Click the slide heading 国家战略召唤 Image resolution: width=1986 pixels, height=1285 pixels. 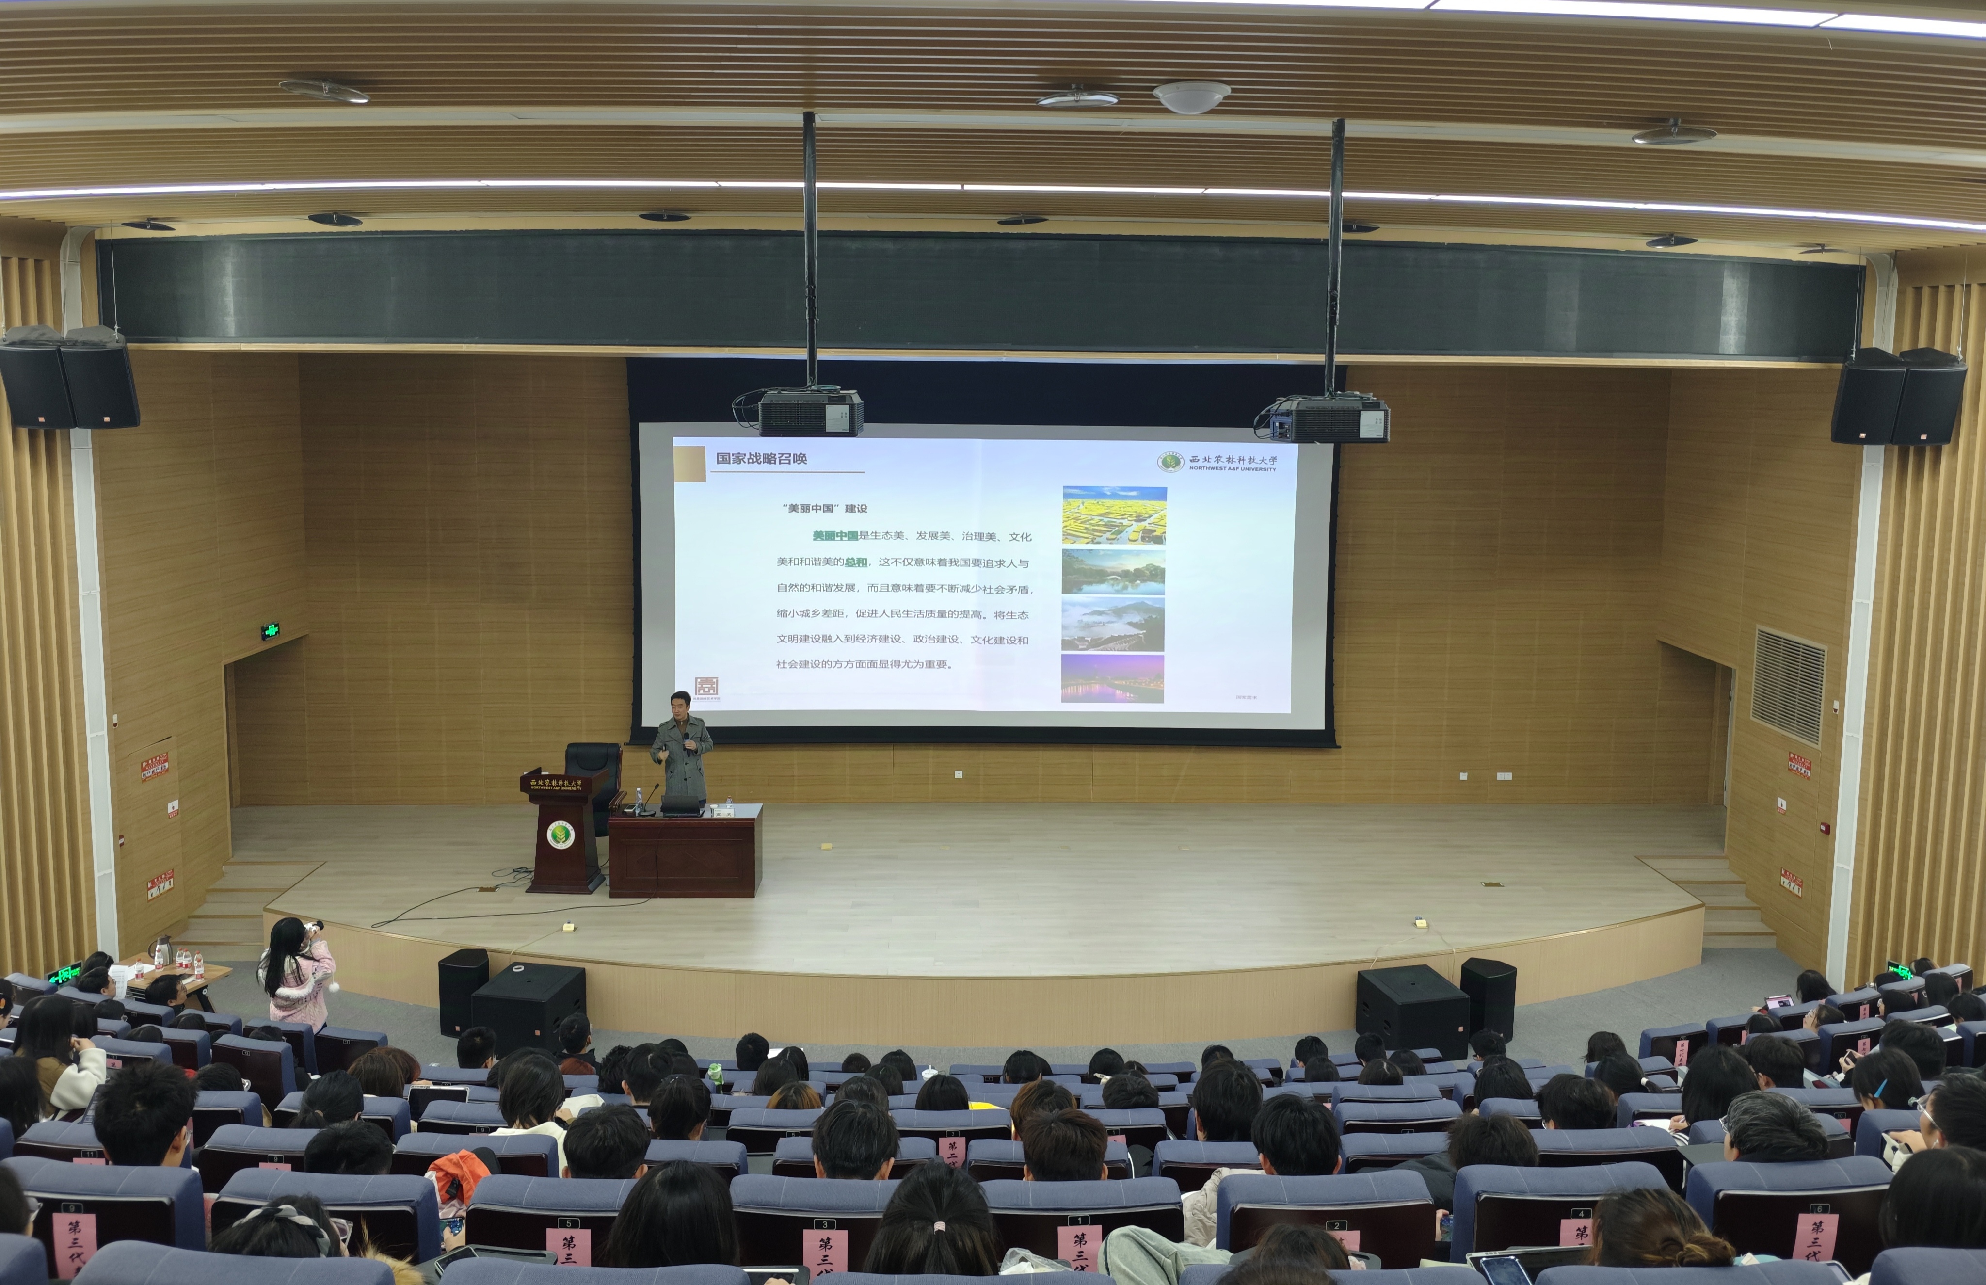click(761, 458)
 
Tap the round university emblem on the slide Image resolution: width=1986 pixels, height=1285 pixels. click(1170, 462)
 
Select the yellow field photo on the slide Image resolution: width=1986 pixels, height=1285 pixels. click(1114, 515)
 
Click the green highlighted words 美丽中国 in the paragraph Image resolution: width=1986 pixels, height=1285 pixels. click(835, 536)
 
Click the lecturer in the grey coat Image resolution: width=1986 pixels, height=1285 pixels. click(681, 747)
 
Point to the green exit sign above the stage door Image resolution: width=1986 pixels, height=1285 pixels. click(270, 631)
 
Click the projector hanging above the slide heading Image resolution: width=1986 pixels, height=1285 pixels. click(809, 412)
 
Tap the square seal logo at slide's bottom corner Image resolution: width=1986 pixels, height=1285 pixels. click(706, 686)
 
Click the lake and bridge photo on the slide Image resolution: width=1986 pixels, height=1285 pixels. click(1113, 571)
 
